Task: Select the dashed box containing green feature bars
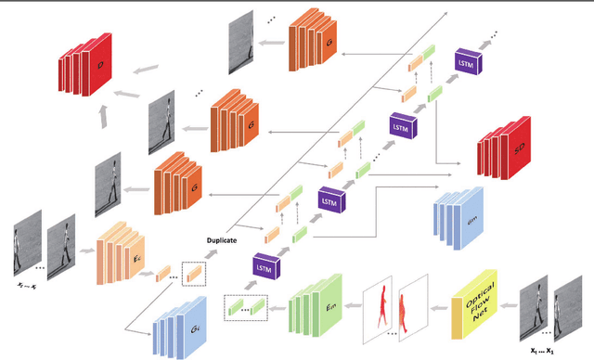pos(246,307)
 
